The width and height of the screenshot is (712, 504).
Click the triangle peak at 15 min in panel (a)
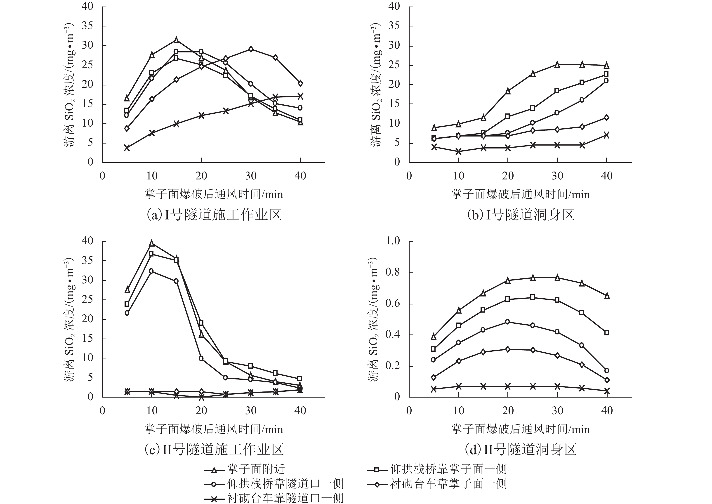click(176, 40)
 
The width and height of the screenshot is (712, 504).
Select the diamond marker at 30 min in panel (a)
click(251, 49)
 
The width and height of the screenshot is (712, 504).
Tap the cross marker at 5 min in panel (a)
click(127, 148)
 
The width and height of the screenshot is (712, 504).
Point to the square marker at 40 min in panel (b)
click(606, 74)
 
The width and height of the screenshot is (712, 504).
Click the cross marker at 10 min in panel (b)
click(458, 152)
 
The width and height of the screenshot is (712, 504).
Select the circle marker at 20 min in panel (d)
click(507, 322)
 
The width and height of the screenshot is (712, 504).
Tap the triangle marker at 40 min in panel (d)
click(607, 296)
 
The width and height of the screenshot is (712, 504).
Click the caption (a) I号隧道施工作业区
click(214, 215)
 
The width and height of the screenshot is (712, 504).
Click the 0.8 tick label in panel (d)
click(393, 272)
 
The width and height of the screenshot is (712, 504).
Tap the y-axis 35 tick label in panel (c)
click(87, 260)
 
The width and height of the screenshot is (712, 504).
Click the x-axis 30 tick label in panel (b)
click(557, 176)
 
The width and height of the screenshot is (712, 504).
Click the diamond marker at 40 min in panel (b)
click(606, 118)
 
